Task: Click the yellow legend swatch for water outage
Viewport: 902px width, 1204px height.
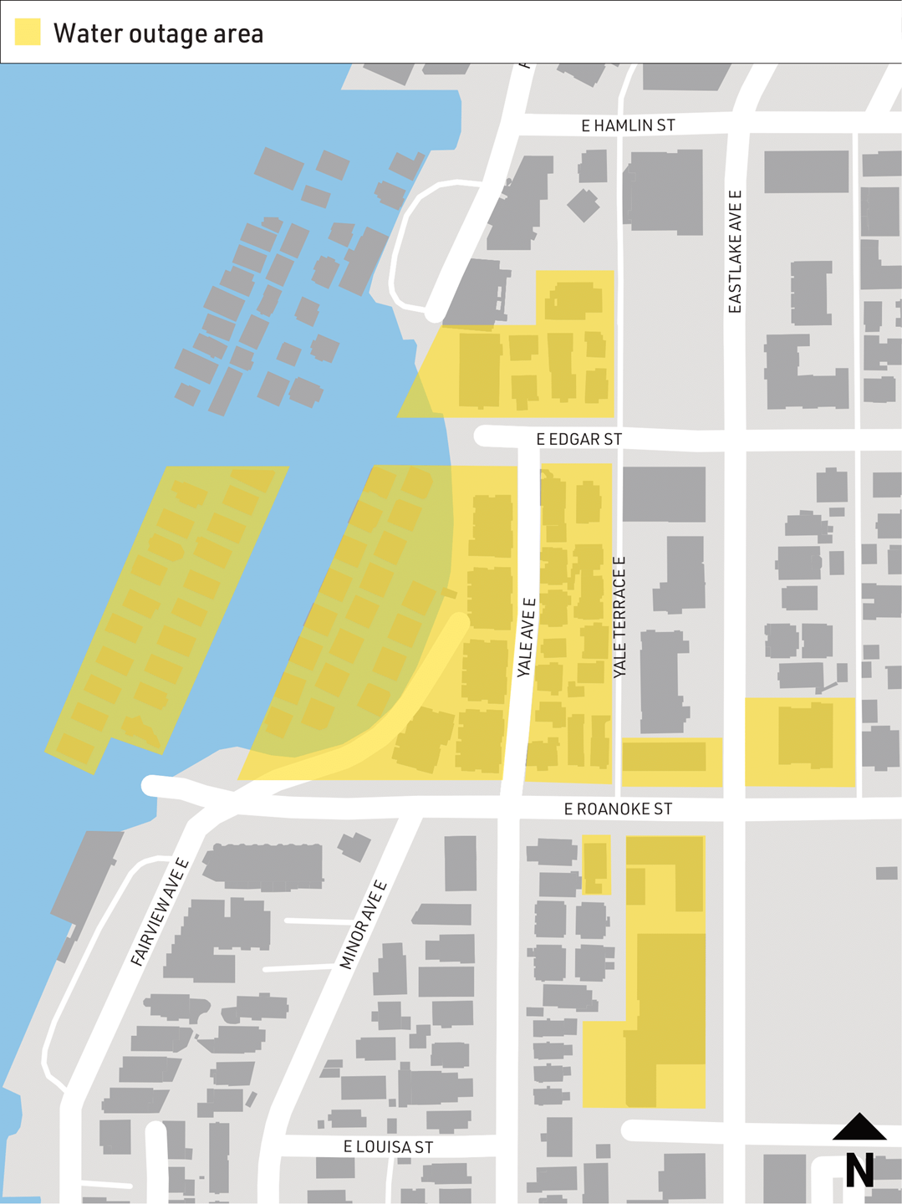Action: click(28, 32)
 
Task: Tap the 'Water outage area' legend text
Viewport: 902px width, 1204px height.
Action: click(158, 33)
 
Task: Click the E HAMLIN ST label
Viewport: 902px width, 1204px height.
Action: click(628, 125)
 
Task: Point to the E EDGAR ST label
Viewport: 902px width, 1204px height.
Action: click(578, 439)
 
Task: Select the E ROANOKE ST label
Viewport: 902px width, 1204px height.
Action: click(618, 809)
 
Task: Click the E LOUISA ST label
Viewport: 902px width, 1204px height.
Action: click(388, 1147)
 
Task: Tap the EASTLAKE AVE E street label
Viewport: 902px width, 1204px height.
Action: click(735, 252)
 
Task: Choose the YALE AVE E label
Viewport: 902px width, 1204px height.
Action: click(526, 637)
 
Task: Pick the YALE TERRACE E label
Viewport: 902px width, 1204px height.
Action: click(619, 617)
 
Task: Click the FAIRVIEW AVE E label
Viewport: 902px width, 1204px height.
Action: click(160, 912)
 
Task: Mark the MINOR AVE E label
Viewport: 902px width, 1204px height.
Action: click(363, 925)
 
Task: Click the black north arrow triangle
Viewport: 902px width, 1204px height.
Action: click(859, 1128)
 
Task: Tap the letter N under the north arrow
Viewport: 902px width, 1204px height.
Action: click(859, 1170)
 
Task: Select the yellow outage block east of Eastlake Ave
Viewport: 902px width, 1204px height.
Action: click(800, 742)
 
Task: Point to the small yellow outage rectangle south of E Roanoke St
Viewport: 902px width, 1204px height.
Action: click(596, 865)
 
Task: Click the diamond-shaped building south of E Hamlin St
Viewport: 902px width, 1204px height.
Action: click(583, 205)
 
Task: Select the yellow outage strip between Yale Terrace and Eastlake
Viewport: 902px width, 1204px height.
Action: click(671, 762)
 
